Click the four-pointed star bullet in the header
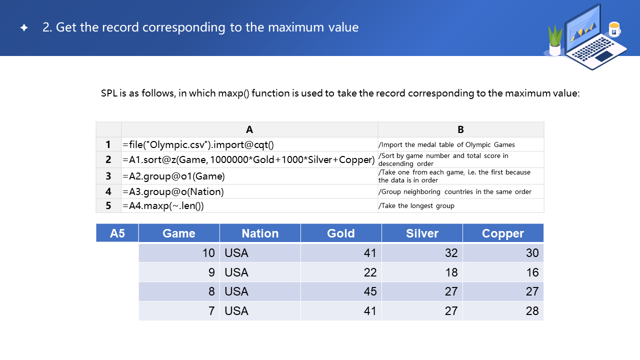(x=24, y=27)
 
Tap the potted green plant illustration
(x=555, y=40)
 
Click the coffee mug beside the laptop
(x=614, y=29)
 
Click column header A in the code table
(x=249, y=129)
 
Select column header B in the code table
(x=460, y=129)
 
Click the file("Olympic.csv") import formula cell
(x=198, y=144)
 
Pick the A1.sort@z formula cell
(x=248, y=159)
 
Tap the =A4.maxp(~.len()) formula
(x=163, y=205)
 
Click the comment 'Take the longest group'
(x=416, y=205)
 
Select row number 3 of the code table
(x=108, y=176)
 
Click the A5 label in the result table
(x=117, y=233)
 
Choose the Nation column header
(x=260, y=233)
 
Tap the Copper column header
(x=503, y=233)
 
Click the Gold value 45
(x=370, y=291)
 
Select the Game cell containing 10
(x=208, y=253)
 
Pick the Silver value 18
(x=451, y=272)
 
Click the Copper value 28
(x=532, y=311)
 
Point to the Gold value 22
(x=370, y=272)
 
